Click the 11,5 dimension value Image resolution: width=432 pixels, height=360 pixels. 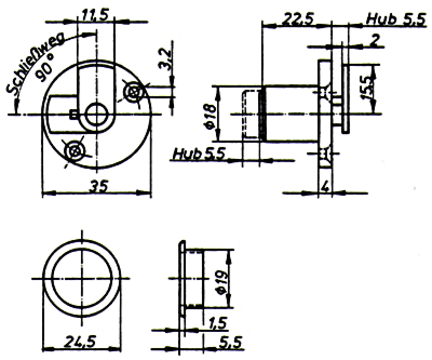[96, 15]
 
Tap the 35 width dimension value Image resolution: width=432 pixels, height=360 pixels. [99, 187]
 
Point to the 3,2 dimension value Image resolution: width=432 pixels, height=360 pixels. [165, 59]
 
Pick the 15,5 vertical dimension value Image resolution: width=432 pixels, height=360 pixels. [368, 89]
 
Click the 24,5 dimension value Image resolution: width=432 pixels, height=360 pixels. [80, 341]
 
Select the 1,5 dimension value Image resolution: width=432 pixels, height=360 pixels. [218, 323]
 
